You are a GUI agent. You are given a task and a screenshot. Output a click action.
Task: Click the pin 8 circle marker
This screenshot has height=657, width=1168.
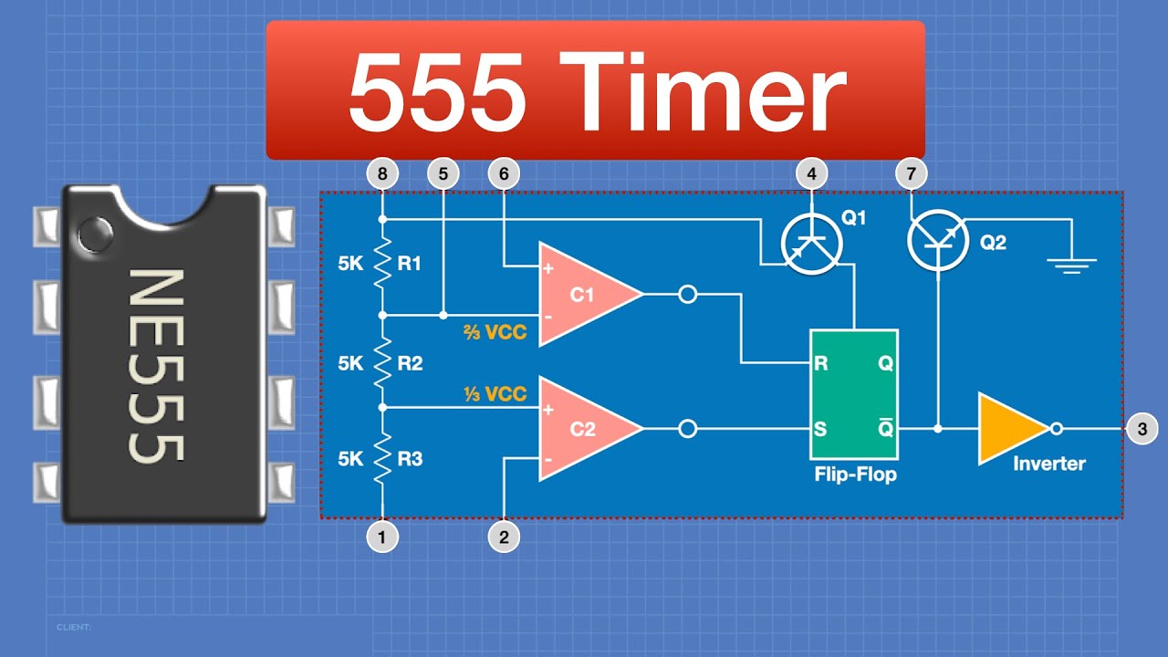[x=381, y=172]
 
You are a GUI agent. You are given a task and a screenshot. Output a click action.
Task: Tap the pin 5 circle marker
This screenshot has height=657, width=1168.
[x=443, y=172]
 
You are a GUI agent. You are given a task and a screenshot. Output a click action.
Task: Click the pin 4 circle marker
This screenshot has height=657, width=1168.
[x=811, y=172]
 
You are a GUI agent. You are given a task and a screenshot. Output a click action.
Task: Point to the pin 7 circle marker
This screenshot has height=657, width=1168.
[x=911, y=172]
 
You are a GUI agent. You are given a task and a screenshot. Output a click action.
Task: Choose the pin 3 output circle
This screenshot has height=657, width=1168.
[x=1142, y=428]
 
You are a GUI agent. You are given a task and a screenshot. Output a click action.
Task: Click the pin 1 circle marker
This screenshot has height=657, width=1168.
[x=381, y=537]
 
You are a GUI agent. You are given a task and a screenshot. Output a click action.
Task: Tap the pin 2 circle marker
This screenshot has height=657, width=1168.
[x=504, y=537]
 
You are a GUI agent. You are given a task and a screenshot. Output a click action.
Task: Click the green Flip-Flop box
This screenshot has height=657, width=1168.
[x=853, y=394]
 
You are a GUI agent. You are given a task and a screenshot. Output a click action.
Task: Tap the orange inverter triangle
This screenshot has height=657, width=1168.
[x=1009, y=428]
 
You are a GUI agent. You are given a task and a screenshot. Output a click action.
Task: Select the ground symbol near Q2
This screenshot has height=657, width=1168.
[x=1071, y=265]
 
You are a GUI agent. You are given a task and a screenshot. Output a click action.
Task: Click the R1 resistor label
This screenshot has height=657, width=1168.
[x=410, y=264]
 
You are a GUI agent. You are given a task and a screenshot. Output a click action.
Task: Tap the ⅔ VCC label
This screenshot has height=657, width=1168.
[x=493, y=332]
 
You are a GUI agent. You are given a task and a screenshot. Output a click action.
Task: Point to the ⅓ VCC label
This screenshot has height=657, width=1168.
[x=493, y=394]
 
